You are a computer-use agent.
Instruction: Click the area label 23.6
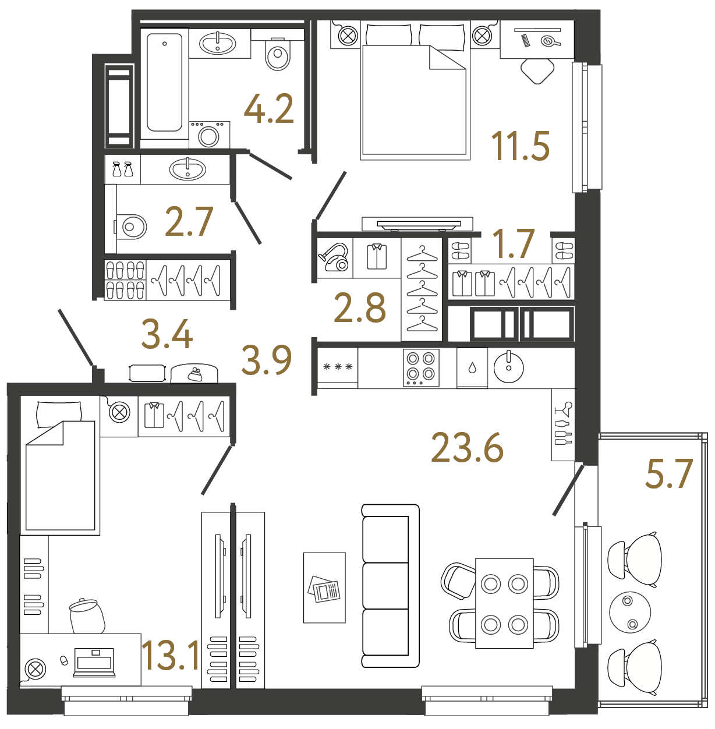(467, 448)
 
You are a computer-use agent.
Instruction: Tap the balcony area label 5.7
(668, 474)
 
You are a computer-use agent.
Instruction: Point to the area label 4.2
(268, 109)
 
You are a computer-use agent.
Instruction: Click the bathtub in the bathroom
(165, 82)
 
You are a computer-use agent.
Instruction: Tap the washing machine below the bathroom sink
(209, 135)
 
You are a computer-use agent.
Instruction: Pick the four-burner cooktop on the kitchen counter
(421, 367)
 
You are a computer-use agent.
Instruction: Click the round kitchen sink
(508, 367)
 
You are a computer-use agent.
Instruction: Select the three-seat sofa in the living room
(390, 585)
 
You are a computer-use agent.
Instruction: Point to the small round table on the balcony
(629, 612)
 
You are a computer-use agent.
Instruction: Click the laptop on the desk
(94, 663)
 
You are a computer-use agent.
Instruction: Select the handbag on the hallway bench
(195, 374)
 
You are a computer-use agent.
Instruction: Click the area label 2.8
(359, 309)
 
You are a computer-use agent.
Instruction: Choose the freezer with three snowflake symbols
(338, 367)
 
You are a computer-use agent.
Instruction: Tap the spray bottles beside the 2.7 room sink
(122, 169)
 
